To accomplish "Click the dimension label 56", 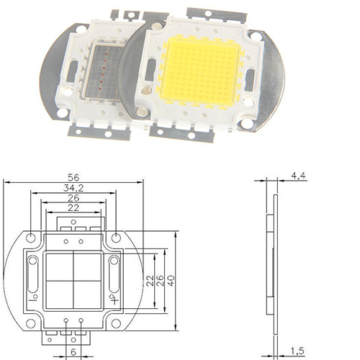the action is point(73,178).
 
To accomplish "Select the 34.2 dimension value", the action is point(73,188).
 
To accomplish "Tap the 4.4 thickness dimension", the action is point(298,176).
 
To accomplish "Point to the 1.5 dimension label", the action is point(297,351).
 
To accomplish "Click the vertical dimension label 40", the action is point(171,280).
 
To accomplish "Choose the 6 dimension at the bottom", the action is point(73,352).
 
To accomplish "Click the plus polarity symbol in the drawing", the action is point(115,300).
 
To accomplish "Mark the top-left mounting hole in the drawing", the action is point(31,238).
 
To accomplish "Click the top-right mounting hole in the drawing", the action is point(116,238).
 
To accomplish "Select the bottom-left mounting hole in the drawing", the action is point(31,323).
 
